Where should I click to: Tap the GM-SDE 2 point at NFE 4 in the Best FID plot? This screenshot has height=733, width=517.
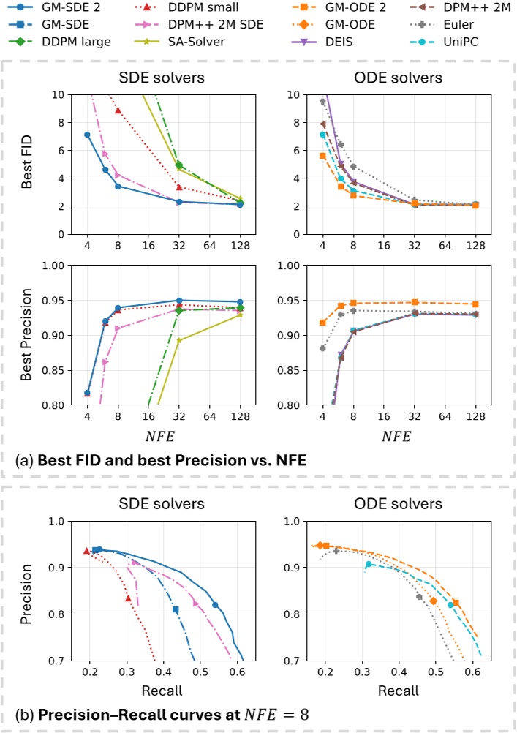point(87,135)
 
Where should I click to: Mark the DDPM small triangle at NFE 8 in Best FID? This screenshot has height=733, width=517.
point(118,110)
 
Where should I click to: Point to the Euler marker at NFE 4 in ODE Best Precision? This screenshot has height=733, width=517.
point(322,348)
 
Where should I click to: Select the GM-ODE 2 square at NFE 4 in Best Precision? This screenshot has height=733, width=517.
point(322,323)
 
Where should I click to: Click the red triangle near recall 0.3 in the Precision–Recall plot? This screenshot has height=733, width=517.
point(128,598)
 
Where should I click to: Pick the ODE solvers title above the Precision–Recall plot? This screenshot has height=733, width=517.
point(399,505)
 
